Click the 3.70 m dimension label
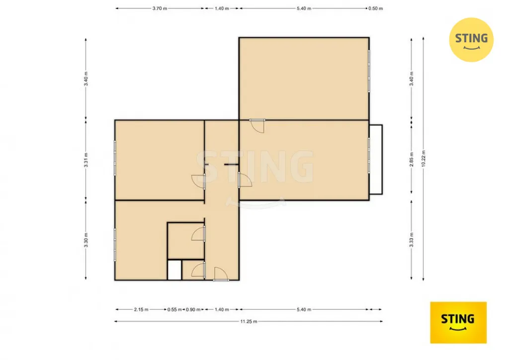pos(160,8)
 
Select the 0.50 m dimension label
pos(376,8)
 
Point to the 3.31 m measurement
pos(86,160)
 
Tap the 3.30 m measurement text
pos(86,240)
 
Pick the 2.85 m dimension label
pos(412,160)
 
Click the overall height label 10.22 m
pos(424,159)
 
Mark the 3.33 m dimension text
pos(412,240)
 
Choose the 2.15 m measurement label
pos(141,310)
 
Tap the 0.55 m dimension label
pos(174,310)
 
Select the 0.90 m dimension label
pos(193,310)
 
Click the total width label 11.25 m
pos(249,322)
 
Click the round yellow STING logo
pos(471,40)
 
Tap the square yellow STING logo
pos(458,322)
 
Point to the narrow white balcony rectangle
pos(376,160)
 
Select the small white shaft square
pos(174,270)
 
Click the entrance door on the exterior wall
pos(221,274)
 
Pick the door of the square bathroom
pos(198,233)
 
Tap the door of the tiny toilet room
pos(198,270)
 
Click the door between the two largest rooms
pos(257,126)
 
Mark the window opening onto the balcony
pos(369,155)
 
